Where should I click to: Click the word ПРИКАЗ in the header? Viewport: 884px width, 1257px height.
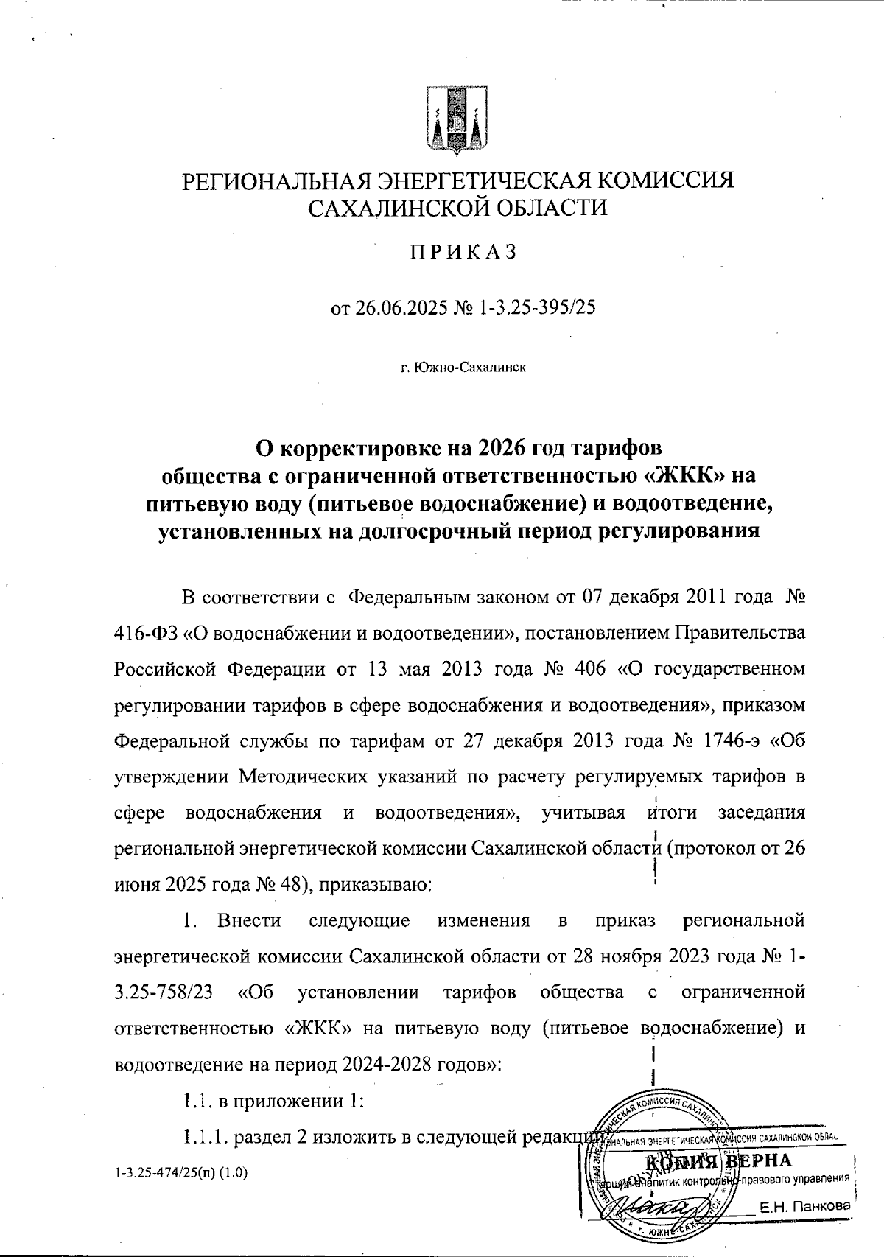[463, 252]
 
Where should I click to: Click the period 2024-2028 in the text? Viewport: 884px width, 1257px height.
[390, 1063]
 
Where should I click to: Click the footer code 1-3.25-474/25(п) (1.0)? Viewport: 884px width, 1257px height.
[181, 1172]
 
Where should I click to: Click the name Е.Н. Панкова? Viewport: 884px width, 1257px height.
[804, 1207]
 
